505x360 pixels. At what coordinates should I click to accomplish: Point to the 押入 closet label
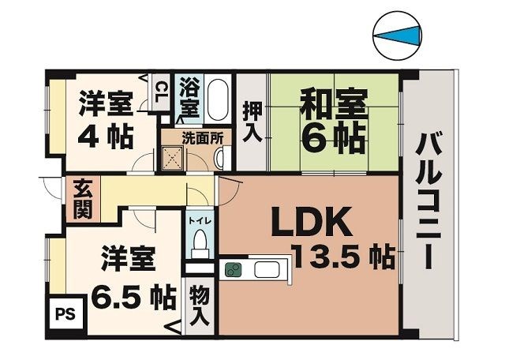252,122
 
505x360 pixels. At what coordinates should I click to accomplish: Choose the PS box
64,312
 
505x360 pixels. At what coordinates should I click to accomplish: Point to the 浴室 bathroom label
190,93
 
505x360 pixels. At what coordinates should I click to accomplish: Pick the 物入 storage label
199,306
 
